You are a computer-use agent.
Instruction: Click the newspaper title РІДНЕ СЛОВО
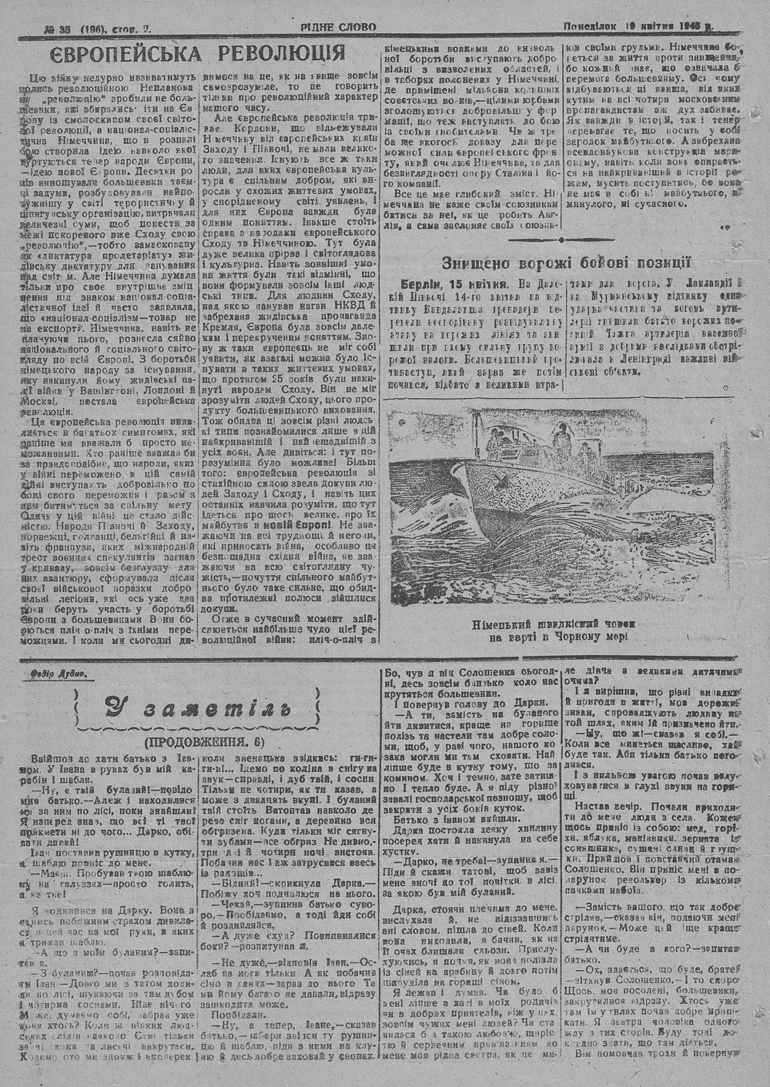click(339, 27)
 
